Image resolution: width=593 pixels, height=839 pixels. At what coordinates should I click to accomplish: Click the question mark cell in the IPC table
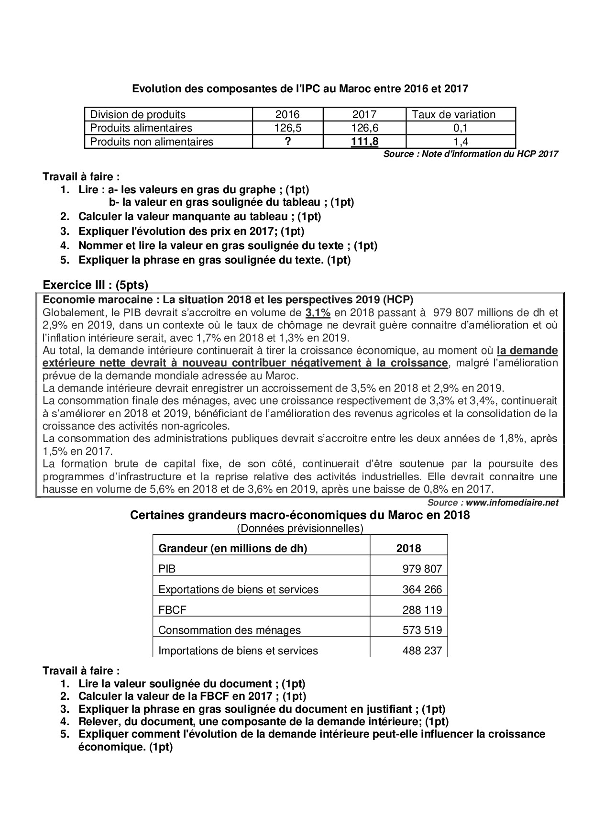[288, 142]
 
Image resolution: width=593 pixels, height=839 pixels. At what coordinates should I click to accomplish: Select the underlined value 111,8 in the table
[364, 142]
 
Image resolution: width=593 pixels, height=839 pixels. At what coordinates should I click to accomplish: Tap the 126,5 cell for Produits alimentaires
[288, 128]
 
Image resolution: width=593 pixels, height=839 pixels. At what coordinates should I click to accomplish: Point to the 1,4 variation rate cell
[461, 142]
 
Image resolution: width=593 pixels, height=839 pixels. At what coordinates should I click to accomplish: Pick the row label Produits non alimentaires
[152, 142]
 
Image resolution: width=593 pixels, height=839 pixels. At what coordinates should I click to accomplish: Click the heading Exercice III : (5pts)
[96, 285]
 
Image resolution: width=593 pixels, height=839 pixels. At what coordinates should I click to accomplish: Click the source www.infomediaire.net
[493, 503]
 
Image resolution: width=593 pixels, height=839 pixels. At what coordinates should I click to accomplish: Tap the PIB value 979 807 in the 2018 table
[422, 569]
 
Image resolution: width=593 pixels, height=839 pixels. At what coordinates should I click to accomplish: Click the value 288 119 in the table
[422, 610]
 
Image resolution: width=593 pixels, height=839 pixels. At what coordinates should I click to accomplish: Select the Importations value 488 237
[422, 651]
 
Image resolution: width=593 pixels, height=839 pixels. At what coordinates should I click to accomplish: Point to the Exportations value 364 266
[422, 589]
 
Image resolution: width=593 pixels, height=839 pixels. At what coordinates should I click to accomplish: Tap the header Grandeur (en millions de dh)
[232, 548]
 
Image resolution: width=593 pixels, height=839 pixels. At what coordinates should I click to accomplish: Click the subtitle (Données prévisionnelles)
[300, 528]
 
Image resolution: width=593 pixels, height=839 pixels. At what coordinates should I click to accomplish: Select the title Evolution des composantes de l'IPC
[300, 88]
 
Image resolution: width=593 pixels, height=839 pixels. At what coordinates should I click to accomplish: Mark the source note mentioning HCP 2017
[471, 154]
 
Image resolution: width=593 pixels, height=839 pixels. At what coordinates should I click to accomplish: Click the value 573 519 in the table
[422, 630]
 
